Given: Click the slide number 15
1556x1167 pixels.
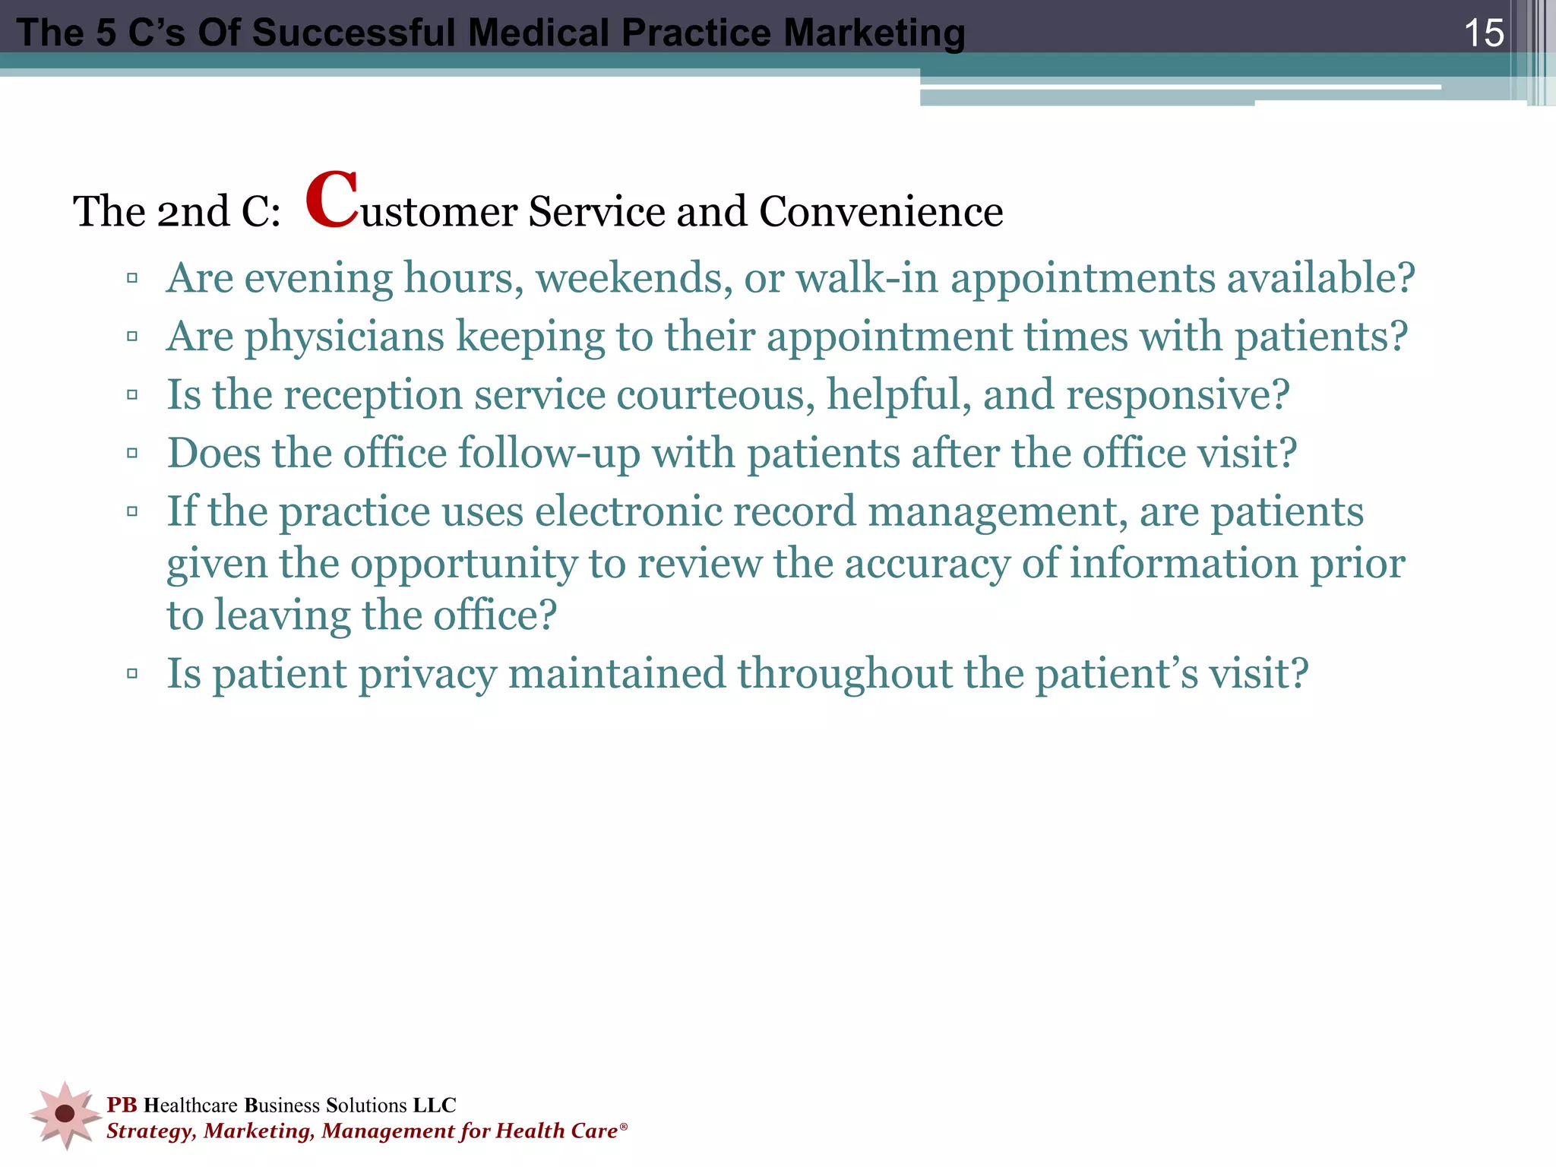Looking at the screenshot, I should click(x=1483, y=33).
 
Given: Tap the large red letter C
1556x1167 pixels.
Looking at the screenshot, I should click(x=332, y=200).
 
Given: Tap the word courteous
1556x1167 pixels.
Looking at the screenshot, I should click(x=715, y=395).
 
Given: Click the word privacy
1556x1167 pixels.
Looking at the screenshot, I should click(x=426, y=674).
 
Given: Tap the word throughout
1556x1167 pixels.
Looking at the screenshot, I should click(x=844, y=674).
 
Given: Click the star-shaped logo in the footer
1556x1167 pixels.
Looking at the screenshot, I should click(x=65, y=1114).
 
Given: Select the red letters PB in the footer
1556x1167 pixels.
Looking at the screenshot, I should click(x=122, y=1105).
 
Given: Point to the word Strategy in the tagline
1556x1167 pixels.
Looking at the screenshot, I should click(x=151, y=1131).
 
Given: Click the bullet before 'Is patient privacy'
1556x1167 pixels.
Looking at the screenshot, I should click(x=132, y=673).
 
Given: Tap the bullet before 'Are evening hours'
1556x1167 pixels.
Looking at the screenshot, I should click(x=132, y=278).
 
